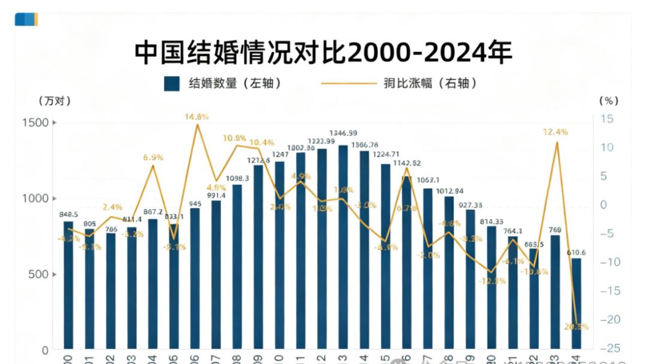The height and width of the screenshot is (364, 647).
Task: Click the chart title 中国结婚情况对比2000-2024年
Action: coord(323,53)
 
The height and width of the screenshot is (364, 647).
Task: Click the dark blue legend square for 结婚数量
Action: coord(171,83)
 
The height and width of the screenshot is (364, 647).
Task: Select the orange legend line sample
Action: coord(348,84)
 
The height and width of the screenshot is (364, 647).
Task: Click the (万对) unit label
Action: coord(55,101)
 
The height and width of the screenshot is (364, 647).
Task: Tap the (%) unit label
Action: coord(608,101)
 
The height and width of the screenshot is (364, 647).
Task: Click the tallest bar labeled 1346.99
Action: coord(343,246)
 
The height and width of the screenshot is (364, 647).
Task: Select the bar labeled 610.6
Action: coord(576,303)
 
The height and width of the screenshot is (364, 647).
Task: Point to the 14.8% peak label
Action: coord(196,117)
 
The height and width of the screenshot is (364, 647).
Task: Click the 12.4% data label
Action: coord(555,132)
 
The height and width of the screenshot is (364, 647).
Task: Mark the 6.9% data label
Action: coord(153,157)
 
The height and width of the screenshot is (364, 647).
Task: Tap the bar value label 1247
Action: coord(280,155)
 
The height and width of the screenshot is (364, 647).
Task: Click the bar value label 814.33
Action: coord(491,221)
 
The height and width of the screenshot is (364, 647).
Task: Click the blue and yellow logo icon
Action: coord(26,19)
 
